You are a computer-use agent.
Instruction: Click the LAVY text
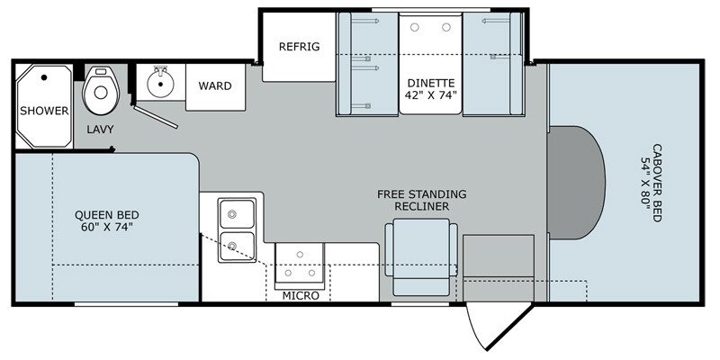(x=101, y=130)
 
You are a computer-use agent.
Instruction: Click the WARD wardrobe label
(x=215, y=86)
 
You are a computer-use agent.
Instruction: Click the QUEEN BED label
(x=106, y=214)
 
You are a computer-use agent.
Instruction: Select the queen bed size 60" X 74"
(x=106, y=229)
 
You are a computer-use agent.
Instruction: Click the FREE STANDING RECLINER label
(x=422, y=200)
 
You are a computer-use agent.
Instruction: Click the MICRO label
(x=300, y=295)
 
